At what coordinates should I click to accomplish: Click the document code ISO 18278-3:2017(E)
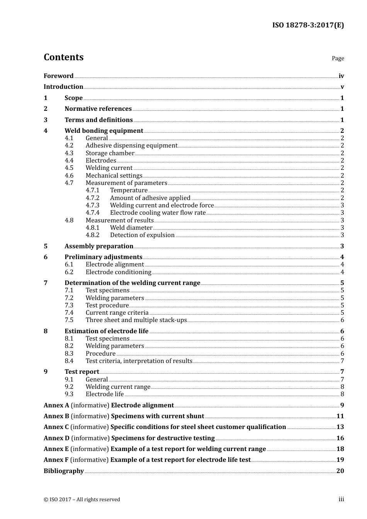(308, 25)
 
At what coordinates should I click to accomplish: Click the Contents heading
(63, 57)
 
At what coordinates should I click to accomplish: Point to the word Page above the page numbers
(338, 58)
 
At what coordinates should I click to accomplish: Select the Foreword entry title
(58, 76)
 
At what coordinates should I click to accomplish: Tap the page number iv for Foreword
(341, 76)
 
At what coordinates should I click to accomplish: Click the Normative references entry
(98, 109)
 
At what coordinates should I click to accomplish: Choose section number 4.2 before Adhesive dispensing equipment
(69, 146)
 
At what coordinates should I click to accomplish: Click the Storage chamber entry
(110, 153)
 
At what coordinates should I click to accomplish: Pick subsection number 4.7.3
(92, 205)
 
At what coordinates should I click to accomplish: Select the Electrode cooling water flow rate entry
(158, 213)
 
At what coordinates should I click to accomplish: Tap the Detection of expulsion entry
(142, 235)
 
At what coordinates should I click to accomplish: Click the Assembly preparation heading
(99, 246)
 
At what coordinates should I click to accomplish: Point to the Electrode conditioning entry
(118, 272)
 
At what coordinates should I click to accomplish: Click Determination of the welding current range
(132, 283)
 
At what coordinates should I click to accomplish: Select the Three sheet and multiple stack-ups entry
(136, 320)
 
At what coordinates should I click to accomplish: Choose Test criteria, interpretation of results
(139, 361)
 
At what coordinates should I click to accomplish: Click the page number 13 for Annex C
(340, 427)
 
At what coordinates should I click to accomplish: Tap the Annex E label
(56, 449)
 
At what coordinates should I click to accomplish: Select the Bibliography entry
(64, 471)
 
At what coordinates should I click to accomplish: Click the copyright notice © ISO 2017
(82, 500)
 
